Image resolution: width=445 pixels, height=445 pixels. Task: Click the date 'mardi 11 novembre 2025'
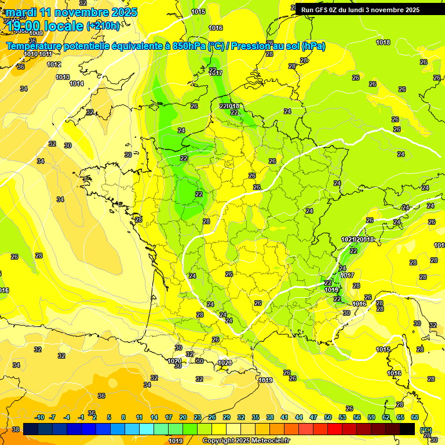(x=72, y=12)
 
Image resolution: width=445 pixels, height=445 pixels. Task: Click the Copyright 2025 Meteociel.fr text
(x=246, y=440)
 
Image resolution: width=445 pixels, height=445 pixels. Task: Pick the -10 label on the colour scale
(x=39, y=418)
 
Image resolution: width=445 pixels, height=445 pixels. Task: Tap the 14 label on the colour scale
(x=154, y=418)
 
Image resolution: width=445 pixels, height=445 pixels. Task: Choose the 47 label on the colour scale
(x=313, y=418)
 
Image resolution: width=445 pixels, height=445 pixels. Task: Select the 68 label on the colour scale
(x=415, y=418)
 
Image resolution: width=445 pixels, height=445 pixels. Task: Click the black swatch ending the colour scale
(x=407, y=429)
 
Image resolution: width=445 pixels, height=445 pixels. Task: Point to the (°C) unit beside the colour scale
(x=425, y=429)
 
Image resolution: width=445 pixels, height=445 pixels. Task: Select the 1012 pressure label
(x=54, y=64)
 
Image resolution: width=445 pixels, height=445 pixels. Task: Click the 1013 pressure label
(x=63, y=77)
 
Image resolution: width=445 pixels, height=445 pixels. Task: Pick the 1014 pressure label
(x=76, y=83)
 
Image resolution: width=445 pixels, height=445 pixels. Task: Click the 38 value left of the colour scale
(x=16, y=429)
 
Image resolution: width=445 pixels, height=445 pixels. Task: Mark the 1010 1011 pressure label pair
(x=39, y=54)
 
